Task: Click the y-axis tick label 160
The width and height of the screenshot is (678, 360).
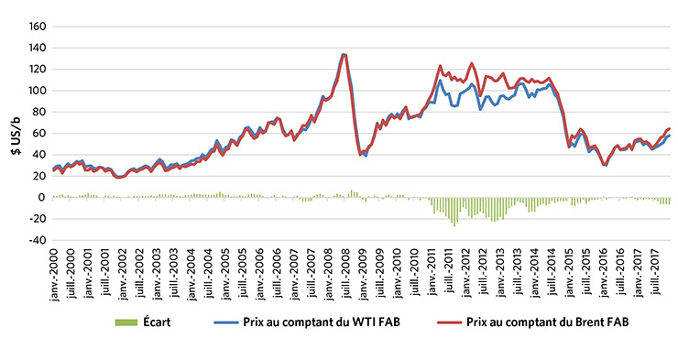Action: [34, 27]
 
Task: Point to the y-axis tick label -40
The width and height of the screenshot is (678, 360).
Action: [34, 240]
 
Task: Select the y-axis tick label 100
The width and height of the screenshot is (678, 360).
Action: [34, 91]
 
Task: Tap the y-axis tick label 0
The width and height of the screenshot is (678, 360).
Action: [39, 197]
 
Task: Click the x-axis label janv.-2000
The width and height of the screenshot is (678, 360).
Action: [55, 270]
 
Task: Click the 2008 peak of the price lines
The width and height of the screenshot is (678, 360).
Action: [344, 54]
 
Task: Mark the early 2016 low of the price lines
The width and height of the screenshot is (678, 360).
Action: [606, 164]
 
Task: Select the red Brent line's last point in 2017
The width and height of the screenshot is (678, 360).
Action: [670, 128]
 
